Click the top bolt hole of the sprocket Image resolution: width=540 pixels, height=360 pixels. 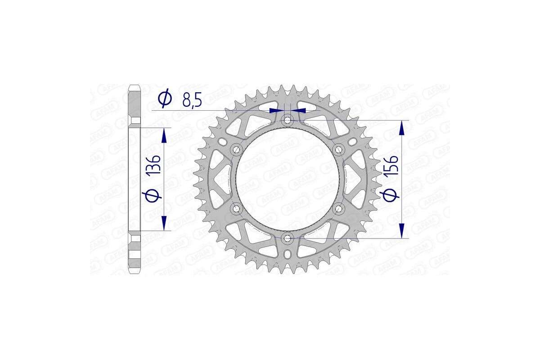[288, 120]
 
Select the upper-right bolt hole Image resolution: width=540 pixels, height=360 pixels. [339, 149]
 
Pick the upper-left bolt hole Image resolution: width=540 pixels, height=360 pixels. [237, 149]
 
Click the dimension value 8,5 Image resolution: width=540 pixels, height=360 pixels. [192, 100]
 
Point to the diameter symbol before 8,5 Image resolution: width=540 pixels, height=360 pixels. [165, 99]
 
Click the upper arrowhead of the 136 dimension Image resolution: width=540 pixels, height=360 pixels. [164, 135]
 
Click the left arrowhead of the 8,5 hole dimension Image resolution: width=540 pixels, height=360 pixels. [274, 109]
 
